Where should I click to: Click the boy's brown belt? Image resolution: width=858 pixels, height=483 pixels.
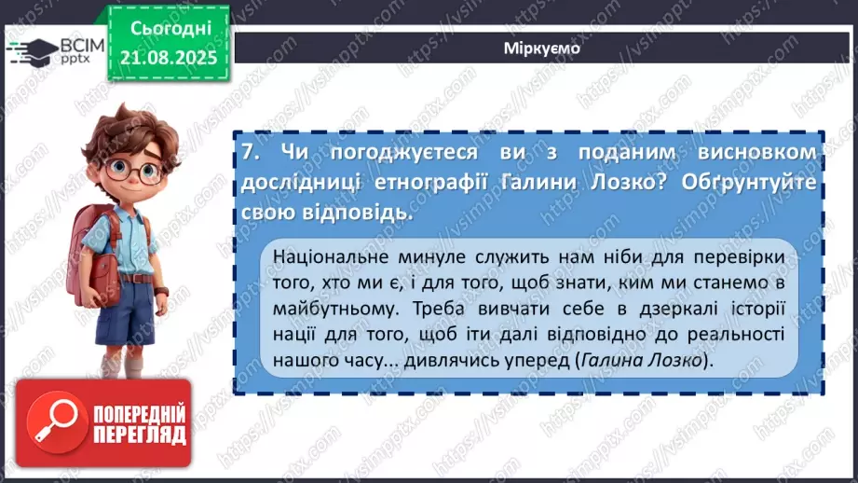(137, 277)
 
